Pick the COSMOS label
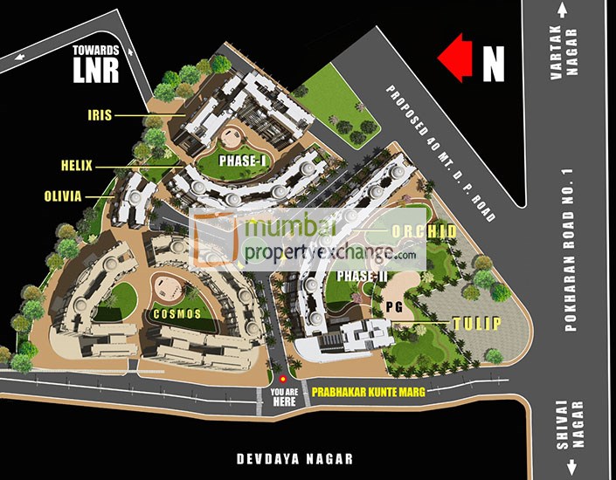click(x=176, y=313)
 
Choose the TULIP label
click(x=476, y=324)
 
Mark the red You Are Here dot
click(x=282, y=379)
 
